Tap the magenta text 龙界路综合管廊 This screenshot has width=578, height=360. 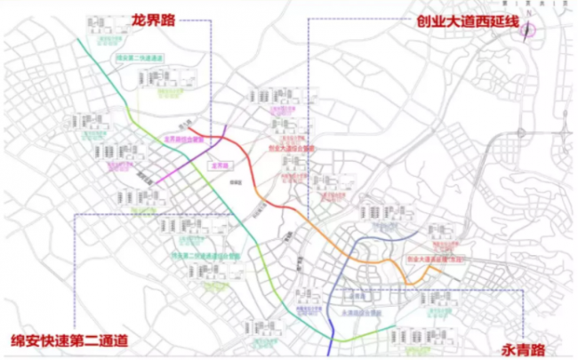185,140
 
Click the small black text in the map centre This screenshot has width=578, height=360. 236,180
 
